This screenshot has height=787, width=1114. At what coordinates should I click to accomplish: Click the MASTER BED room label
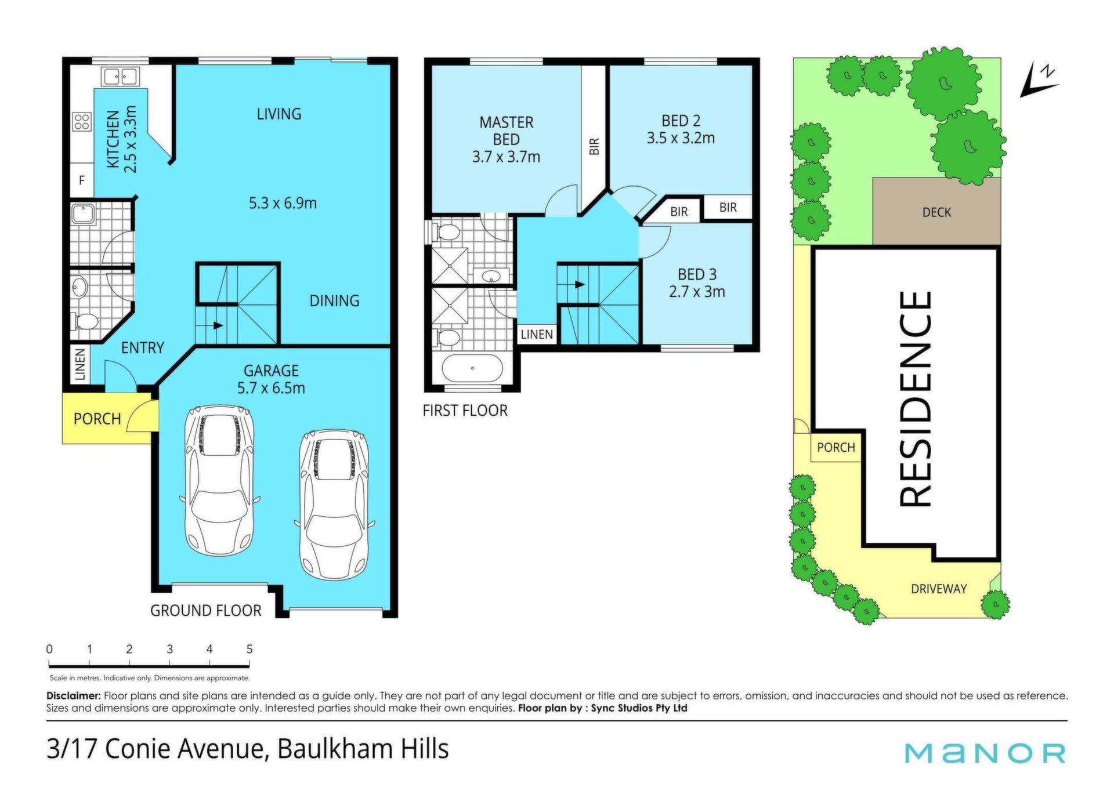[x=506, y=131]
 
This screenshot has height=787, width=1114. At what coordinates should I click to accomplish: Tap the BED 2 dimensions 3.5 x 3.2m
[x=681, y=138]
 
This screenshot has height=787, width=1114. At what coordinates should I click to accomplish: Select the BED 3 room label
[x=697, y=274]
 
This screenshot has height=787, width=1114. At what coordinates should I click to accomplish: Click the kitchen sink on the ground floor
[x=120, y=76]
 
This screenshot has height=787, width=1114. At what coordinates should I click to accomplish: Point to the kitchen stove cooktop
[x=81, y=122]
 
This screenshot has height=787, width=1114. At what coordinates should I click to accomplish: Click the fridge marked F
[x=82, y=180]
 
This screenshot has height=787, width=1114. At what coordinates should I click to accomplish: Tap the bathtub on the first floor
[x=472, y=368]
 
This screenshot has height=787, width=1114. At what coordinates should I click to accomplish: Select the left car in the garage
[x=219, y=480]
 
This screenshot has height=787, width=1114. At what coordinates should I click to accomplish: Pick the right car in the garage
[x=334, y=505]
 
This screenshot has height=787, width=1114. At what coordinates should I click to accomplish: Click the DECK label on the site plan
[x=936, y=212]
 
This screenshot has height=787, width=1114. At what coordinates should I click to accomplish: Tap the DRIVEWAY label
[x=939, y=589]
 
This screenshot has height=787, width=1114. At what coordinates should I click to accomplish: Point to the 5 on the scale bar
[x=249, y=649]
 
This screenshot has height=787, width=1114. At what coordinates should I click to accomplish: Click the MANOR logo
[x=985, y=753]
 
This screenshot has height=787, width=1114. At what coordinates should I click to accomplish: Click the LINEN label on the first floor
[x=537, y=335]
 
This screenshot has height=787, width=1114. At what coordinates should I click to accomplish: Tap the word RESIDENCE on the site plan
[x=916, y=400]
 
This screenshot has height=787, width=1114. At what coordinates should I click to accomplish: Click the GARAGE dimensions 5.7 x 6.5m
[x=271, y=388]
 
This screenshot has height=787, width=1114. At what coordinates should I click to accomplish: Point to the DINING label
[x=334, y=300]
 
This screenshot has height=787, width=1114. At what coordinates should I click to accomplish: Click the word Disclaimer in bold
[x=74, y=695]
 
